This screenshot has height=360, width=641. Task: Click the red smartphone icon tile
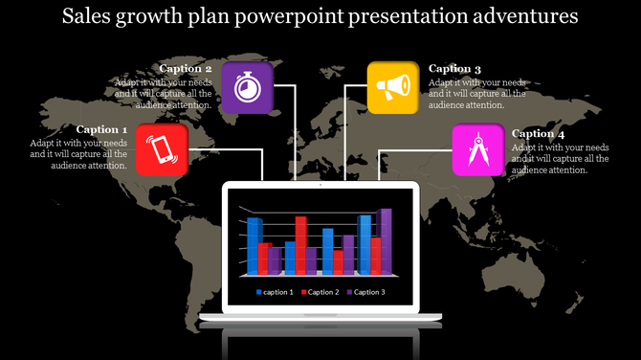click(159, 149)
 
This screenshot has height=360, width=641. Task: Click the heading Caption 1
click(101, 129)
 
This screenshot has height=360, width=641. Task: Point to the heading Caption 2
click(186, 69)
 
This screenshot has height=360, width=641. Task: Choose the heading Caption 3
click(454, 69)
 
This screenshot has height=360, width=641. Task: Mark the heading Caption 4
click(539, 134)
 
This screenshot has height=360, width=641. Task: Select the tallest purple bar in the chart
click(385, 241)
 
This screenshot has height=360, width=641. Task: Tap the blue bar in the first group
click(254, 246)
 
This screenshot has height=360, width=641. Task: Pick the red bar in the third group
click(338, 262)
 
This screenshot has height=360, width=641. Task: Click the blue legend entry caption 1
click(275, 292)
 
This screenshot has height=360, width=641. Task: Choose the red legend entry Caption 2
click(320, 292)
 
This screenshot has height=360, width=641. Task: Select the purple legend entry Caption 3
click(365, 292)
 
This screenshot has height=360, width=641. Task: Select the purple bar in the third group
click(348, 255)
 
